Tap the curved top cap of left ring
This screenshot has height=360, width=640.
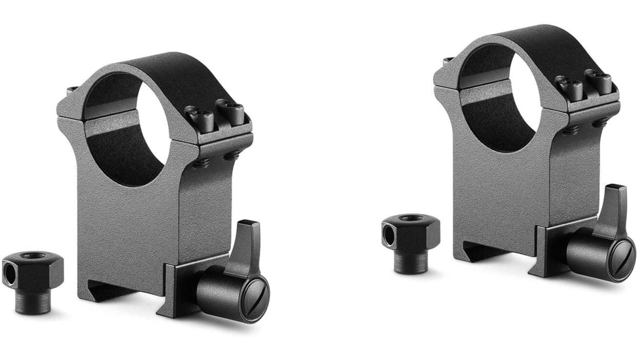point(170,72)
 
